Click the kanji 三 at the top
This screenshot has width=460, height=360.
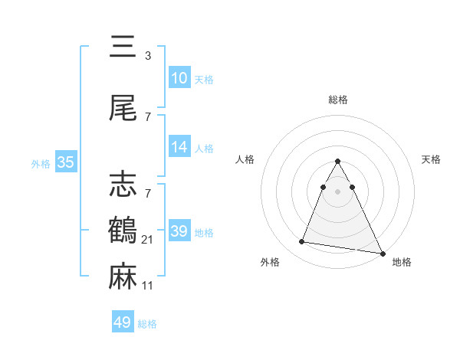coord(123,47)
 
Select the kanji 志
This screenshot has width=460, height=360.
coord(123,183)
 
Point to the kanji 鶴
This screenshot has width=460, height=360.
coord(123,230)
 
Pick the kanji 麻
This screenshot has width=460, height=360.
coord(123,277)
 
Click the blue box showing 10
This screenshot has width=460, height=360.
coord(179,78)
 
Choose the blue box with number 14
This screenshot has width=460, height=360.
coord(179,148)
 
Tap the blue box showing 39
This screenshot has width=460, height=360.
coord(179,231)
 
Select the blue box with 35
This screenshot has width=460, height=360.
coord(65,162)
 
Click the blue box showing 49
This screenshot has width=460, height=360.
coord(123,322)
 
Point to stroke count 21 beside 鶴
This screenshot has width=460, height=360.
coord(149,240)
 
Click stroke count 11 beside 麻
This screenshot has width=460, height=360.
coord(149,286)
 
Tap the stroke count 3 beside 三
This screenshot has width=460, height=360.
coord(147,56)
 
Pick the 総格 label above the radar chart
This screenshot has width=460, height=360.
coord(338,100)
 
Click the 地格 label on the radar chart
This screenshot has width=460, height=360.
coord(402,263)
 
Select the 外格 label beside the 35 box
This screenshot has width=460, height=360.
coord(41,163)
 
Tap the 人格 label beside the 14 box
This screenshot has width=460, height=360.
coord(204,149)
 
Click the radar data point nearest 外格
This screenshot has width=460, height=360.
coord(302,242)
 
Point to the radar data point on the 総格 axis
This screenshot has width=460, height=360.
coord(338,162)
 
